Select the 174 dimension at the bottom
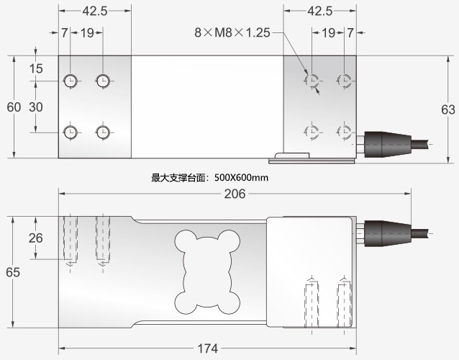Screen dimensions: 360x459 click(x=206, y=349)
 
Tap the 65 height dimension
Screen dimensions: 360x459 click(x=13, y=272)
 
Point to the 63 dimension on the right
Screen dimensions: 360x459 click(x=447, y=109)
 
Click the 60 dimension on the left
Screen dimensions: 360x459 click(x=14, y=107)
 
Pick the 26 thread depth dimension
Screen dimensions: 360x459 click(x=36, y=238)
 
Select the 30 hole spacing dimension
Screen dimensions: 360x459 click(x=36, y=107)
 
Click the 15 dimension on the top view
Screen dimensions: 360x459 click(x=36, y=69)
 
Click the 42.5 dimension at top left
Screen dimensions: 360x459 click(x=95, y=11)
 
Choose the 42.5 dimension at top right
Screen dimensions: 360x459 click(x=319, y=11)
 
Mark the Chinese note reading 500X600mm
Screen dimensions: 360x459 click(x=209, y=177)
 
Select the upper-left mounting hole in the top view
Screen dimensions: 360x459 click(x=71, y=79)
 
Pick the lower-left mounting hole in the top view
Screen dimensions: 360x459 click(x=71, y=132)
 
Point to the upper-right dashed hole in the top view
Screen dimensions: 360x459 click(x=345, y=80)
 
